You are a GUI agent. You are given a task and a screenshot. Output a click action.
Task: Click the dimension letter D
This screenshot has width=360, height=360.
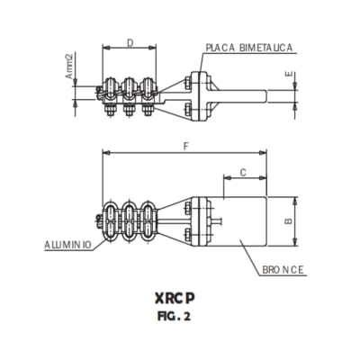[x=130, y=42]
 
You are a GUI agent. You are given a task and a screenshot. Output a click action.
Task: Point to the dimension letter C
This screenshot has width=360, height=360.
[x=242, y=171]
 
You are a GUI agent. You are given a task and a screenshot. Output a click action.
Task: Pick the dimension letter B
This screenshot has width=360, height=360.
[x=287, y=219]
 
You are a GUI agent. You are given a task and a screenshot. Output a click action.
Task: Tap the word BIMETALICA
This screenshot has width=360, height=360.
[x=265, y=47]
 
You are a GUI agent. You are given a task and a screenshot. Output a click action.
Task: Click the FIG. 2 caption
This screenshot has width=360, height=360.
[x=182, y=316]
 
